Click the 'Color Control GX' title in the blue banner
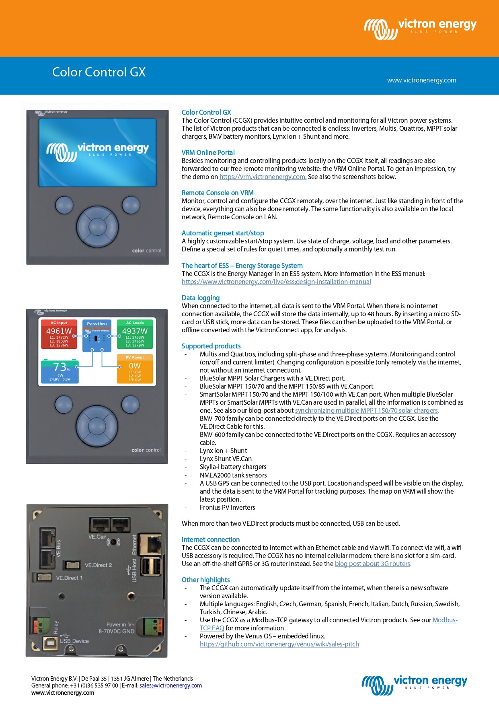[99, 72]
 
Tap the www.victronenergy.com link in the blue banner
[421, 80]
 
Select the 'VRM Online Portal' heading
[208, 152]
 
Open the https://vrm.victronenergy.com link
[263, 177]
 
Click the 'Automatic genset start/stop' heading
[223, 233]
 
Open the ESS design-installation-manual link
[276, 282]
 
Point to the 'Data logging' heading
[201, 298]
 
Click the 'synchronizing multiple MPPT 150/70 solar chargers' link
[367, 411]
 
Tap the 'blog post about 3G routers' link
[373, 564]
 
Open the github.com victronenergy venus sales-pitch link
[279, 644]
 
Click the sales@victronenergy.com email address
[170, 686]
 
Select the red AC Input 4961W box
[59, 334]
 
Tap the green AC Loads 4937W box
[135, 334]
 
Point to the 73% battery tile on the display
[60, 371]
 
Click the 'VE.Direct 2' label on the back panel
[98, 565]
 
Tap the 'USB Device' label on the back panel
[74, 641]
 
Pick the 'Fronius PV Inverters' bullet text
[227, 508]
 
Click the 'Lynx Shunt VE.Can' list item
[226, 459]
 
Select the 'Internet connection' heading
[210, 540]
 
